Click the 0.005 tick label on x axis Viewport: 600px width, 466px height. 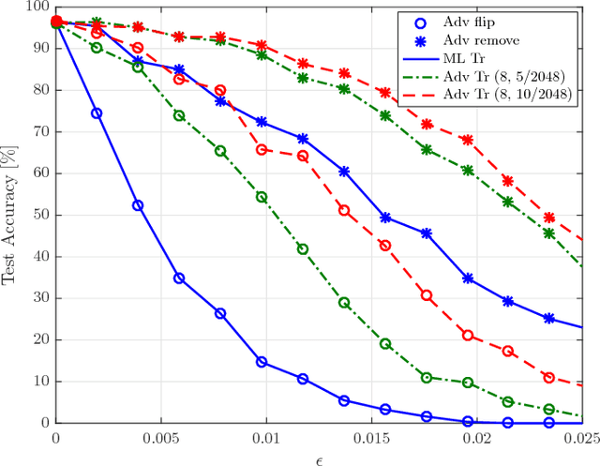pyautogui.click(x=161, y=438)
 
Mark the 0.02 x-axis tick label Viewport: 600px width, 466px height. pyautogui.click(x=477, y=438)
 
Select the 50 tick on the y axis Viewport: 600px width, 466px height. pyautogui.click(x=40, y=215)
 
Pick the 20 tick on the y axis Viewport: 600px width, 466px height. pyautogui.click(x=40, y=339)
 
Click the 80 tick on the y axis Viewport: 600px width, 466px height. pyautogui.click(x=40, y=90)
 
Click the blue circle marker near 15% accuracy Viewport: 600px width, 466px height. pyautogui.click(x=262, y=362)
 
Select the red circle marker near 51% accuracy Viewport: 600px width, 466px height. pyautogui.click(x=344, y=211)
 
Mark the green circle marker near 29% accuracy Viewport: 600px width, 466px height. pyautogui.click(x=344, y=303)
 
